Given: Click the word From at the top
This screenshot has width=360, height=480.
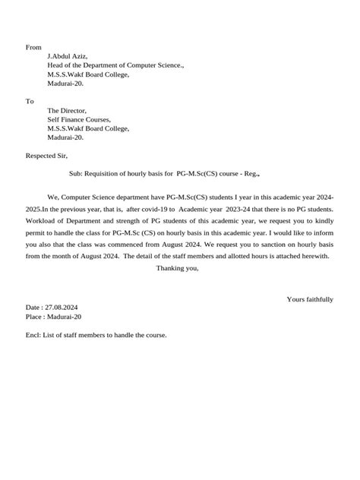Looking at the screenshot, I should tap(33, 47).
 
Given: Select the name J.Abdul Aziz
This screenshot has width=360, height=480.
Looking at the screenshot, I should tap(68, 57).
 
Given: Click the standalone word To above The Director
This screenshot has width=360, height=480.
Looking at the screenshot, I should tap(30, 100).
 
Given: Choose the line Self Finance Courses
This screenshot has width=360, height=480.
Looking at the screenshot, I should tap(79, 119).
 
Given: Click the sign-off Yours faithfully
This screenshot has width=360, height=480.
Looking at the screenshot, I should tap(310, 299).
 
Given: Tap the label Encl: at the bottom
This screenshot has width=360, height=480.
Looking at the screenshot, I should tap(34, 335).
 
